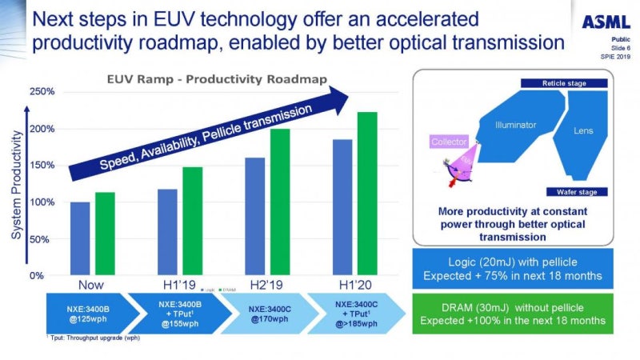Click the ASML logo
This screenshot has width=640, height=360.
tap(606, 22)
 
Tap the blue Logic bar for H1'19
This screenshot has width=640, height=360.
tap(167, 232)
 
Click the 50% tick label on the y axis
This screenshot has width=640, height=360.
tap(43, 238)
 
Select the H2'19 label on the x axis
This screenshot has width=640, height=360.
tap(268, 286)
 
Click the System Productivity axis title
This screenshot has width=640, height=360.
tap(15, 184)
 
